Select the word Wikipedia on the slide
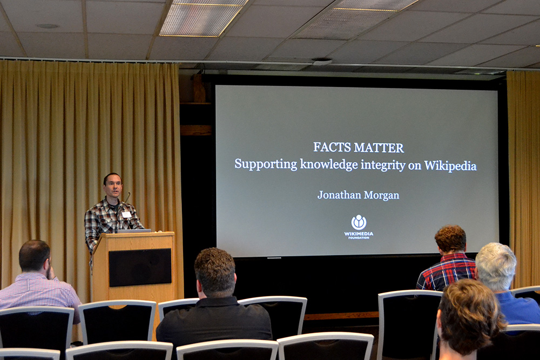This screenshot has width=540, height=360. point(450,166)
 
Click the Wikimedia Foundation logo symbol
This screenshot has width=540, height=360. point(359,222)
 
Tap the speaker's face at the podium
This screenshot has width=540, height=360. point(113,186)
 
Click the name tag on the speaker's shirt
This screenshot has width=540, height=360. point(126,214)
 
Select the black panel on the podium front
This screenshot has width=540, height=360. point(140,267)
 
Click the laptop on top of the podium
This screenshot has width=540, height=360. point(133,230)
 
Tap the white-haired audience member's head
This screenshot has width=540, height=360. point(495,262)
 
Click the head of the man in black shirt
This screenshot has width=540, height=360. point(215,272)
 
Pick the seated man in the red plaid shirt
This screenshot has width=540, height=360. point(447,259)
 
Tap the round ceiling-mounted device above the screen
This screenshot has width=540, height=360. point(322,62)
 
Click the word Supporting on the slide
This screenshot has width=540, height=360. point(266,164)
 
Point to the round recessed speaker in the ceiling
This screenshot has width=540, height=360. point(48,26)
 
